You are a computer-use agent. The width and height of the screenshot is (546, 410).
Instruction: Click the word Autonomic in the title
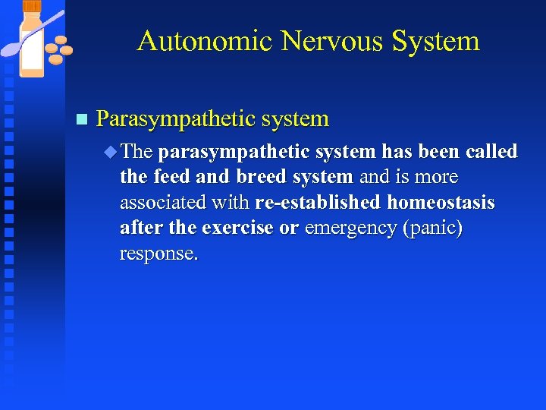point(204,41)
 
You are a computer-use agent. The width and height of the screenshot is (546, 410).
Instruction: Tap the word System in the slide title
point(436,41)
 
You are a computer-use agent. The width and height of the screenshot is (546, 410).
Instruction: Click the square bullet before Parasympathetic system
point(82,119)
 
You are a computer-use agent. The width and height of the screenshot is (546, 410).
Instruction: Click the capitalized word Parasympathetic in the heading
point(175,119)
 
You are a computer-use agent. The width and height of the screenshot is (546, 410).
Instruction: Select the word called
point(491,151)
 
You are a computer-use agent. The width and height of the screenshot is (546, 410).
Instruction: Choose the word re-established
point(318,202)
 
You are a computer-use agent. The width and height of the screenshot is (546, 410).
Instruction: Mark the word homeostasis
point(441,202)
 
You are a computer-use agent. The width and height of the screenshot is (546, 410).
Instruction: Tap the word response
point(158,253)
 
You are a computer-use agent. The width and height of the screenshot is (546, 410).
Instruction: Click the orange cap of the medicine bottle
point(31,5)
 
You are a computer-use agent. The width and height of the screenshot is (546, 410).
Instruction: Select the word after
point(144,228)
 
